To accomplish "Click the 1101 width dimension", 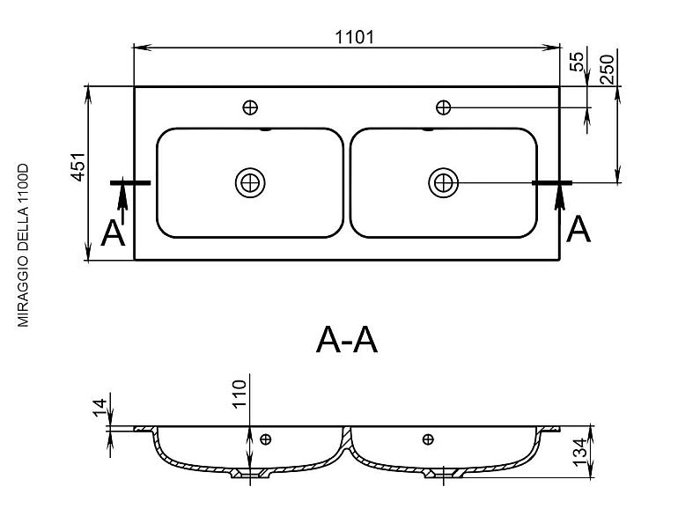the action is coord(355,37).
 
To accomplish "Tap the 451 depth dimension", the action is coord(77,167).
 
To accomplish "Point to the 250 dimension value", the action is coord(607,70).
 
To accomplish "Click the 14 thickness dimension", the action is coord(99,408).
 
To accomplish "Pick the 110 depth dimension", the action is coord(240,394).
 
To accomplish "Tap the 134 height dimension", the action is coord(579,452).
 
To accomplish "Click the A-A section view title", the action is coord(347,340).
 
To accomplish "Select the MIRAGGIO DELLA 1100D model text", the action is coord(23,245).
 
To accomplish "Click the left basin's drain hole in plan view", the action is coord(250,183).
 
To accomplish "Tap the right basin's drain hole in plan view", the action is coord(443,183).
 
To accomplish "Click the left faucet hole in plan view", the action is coord(250,107).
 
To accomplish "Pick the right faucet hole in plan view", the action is coord(443,107).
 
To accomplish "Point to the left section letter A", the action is coord(113,233).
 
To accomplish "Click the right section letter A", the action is coord(579,229).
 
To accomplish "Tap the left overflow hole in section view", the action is coord(266,439).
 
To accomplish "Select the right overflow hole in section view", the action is coord(428,439).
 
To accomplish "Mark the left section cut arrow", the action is coord(122,201).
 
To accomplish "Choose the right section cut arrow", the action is coord(560,195).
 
